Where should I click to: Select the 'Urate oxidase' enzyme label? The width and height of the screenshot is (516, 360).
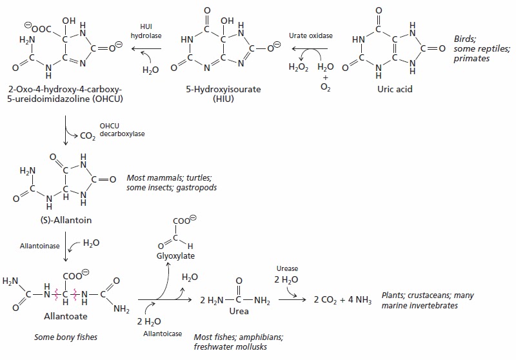pos(311,35)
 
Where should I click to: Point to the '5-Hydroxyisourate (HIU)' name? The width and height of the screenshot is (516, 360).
pos(222,94)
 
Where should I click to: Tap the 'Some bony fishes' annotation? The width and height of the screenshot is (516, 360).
pos(62,337)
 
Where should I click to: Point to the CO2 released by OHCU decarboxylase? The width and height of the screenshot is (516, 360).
pos(85,135)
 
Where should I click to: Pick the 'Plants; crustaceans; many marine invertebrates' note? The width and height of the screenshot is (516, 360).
pos(428,300)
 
